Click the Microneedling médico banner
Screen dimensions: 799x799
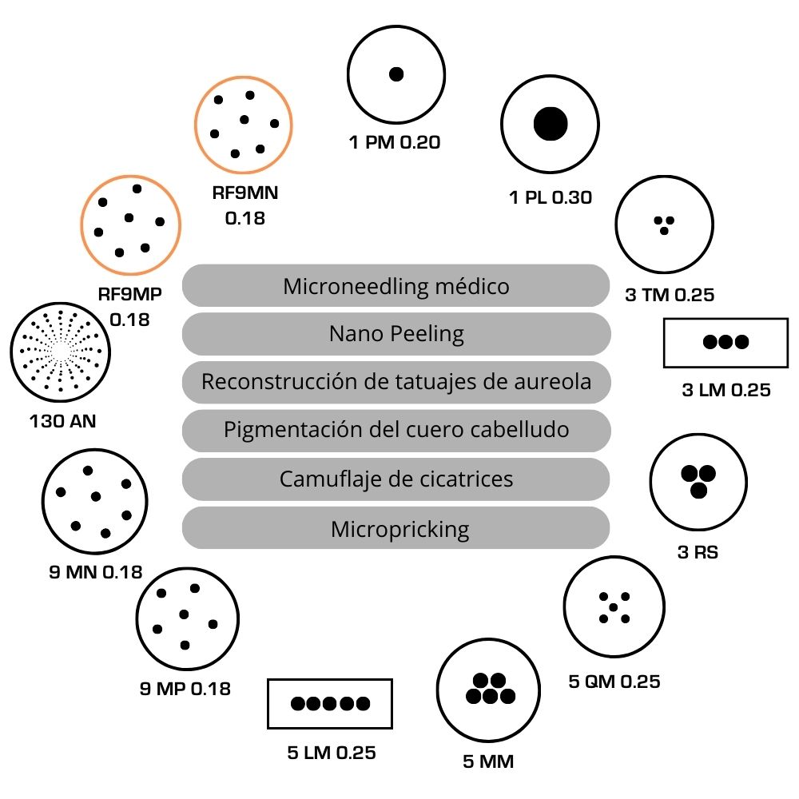(396, 285)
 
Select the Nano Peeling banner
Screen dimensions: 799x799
(396, 333)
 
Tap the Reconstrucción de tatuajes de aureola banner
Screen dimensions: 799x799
(396, 382)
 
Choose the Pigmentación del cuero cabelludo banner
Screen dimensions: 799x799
(396, 430)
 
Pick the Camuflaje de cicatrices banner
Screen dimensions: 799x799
(396, 479)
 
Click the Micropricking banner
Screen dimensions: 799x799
(396, 528)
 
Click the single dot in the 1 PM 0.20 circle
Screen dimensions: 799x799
(396, 74)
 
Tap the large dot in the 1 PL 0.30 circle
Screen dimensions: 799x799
(550, 122)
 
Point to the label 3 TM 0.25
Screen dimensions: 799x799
(669, 295)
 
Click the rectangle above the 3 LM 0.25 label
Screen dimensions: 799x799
(725, 342)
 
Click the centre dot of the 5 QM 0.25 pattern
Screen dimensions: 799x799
(614, 608)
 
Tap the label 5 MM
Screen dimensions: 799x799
(487, 761)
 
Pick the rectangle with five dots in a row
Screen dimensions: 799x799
(330, 704)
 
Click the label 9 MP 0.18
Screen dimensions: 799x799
(185, 688)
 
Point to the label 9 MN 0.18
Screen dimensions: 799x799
(95, 572)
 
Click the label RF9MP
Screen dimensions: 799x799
(129, 293)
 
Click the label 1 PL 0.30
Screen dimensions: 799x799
(550, 197)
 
